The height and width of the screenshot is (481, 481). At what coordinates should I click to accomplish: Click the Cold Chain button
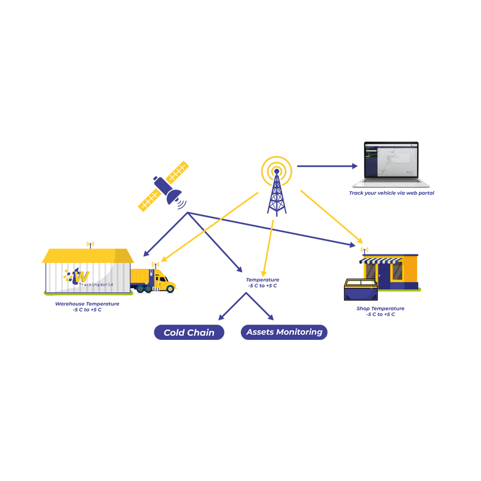pos(189,332)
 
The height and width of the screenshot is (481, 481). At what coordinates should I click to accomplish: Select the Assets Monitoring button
pos(284,332)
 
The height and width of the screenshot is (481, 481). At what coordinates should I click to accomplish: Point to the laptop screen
pos(392,159)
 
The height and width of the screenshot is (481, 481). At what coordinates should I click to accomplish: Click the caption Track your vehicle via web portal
pos(392,193)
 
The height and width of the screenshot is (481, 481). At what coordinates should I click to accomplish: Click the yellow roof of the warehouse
pos(88,256)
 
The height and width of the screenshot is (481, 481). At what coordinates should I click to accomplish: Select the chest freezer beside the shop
pos(360,289)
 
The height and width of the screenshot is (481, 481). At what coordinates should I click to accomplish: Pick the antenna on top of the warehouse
pos(90,245)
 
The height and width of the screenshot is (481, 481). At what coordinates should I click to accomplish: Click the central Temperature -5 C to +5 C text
pos(262,283)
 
